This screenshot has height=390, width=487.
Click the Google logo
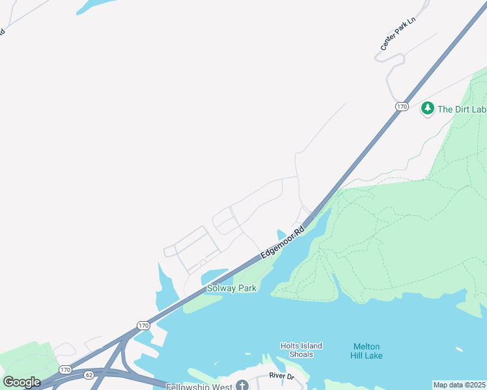click(21, 382)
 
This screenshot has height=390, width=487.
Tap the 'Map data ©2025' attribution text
click(459, 385)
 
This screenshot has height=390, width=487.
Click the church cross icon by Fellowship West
click(242, 386)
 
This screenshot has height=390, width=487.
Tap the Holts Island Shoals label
click(301, 350)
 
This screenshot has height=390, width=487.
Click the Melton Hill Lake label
click(367, 351)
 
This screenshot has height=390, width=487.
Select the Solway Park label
click(231, 288)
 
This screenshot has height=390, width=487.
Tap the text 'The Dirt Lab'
click(462, 109)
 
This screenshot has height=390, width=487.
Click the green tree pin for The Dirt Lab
click(427, 109)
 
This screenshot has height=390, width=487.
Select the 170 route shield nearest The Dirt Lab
click(401, 106)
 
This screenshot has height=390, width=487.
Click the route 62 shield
click(89, 374)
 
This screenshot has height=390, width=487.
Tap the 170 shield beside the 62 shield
click(65, 369)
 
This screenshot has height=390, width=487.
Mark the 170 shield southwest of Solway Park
click(143, 324)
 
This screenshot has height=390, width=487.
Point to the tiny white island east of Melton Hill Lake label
click(459, 350)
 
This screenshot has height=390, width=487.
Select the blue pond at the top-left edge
click(98, 5)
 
